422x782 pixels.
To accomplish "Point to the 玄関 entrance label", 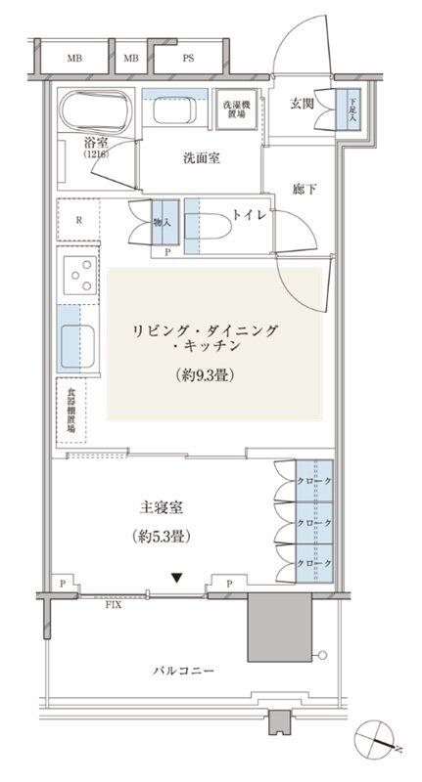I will point(303,105).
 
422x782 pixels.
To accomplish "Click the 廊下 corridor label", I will point(305,189).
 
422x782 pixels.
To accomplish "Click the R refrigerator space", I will point(78,219).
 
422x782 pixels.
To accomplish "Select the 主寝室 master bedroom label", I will point(162,508).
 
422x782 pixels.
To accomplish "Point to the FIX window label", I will point(115,605).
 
